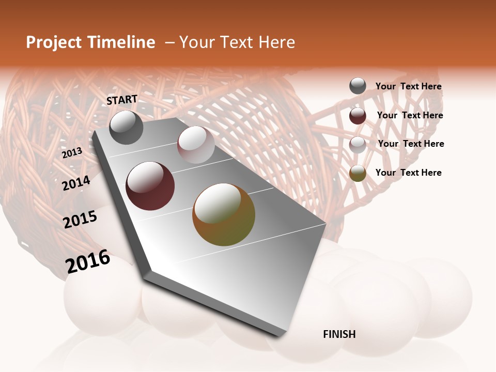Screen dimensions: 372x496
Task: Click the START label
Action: click(x=122, y=100)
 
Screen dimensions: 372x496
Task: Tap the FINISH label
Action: click(x=339, y=334)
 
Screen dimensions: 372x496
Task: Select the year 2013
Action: click(x=72, y=153)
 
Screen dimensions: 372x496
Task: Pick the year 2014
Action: click(x=76, y=183)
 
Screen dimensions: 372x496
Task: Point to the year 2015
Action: click(x=80, y=220)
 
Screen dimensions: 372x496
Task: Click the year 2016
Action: click(x=88, y=261)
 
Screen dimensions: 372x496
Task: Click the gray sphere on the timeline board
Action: click(x=126, y=127)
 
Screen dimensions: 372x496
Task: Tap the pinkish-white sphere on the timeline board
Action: click(x=196, y=145)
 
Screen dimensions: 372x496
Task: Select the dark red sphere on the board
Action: click(x=150, y=186)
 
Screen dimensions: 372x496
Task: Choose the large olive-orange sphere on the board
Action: click(x=224, y=214)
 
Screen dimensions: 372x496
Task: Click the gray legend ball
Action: click(x=358, y=86)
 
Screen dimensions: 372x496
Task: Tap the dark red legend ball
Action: click(x=358, y=116)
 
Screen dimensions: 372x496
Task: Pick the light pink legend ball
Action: click(x=358, y=145)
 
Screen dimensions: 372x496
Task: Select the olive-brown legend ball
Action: click(x=358, y=173)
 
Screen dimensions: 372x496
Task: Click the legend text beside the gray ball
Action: click(x=408, y=86)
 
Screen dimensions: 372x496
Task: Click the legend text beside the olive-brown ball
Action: click(x=408, y=173)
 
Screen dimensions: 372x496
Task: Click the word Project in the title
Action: click(x=54, y=42)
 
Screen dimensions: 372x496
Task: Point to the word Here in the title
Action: click(x=276, y=42)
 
